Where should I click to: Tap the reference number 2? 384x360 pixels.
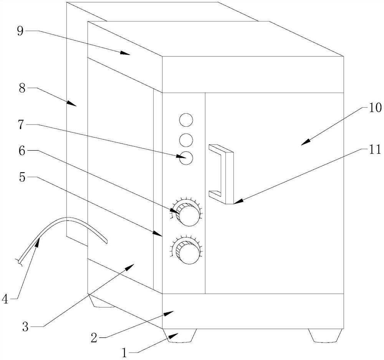94,338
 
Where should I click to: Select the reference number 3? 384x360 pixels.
25,327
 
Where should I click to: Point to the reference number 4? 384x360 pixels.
5,299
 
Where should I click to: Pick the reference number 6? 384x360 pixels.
22,151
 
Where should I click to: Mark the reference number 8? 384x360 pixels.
22,88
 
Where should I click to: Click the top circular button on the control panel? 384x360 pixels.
186,120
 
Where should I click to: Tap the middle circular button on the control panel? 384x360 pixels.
186,140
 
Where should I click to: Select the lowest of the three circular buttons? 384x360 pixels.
186,158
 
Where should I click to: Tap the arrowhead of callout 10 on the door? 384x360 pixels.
305,143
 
